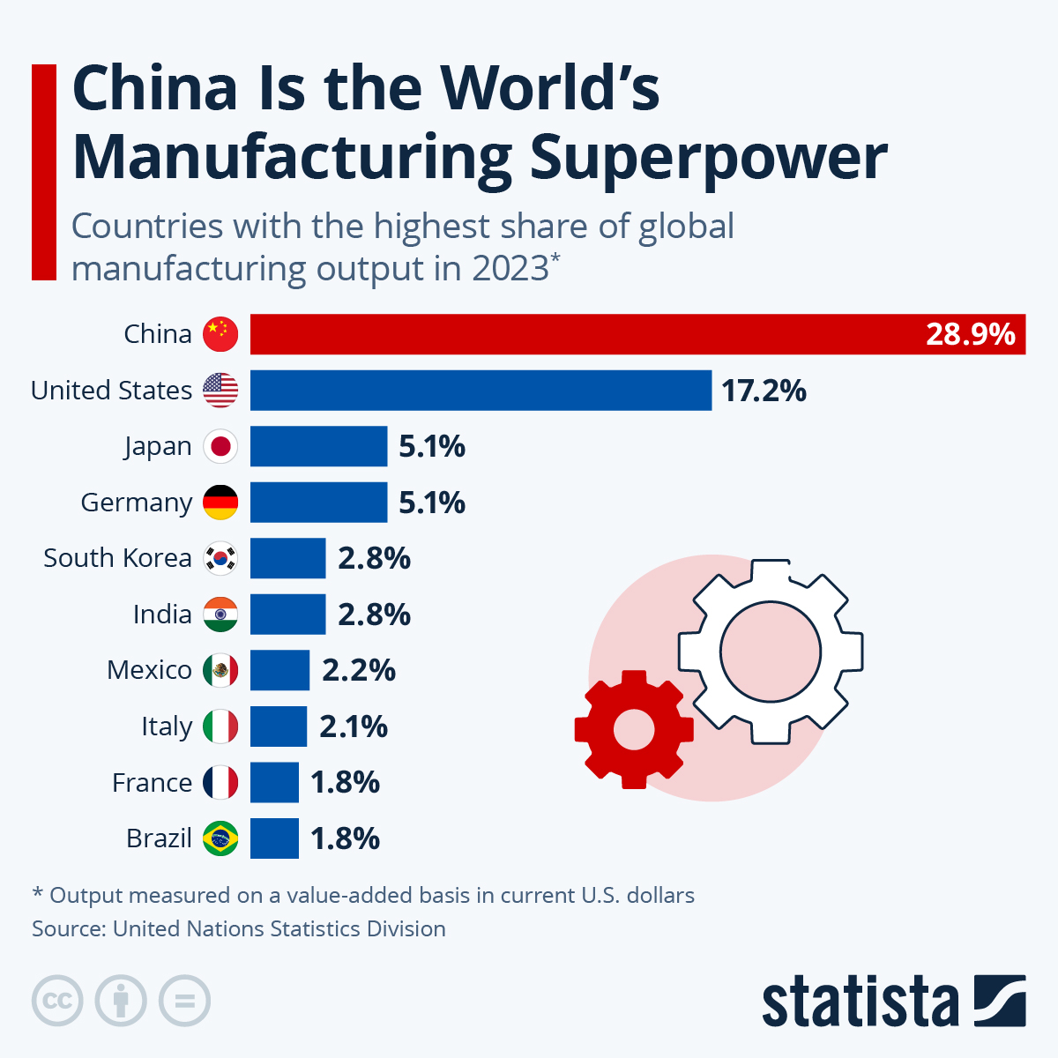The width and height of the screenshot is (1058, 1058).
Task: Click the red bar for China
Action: coord(582,334)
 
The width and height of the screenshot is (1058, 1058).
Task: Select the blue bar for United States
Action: coord(481,391)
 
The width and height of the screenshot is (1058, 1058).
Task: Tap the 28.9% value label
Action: coord(970,335)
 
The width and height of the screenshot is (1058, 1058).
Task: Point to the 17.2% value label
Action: coord(764,391)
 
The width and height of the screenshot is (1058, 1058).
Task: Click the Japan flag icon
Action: coord(220,446)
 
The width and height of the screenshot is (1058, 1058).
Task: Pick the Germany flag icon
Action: coord(220,503)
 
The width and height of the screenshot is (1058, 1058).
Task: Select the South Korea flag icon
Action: coord(220,558)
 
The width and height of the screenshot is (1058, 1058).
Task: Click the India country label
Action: coord(162,615)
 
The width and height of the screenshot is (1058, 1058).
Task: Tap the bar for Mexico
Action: coord(279,670)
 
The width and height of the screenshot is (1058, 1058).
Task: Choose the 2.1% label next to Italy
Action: coord(353,726)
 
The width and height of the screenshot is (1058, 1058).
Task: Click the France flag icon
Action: coord(220,782)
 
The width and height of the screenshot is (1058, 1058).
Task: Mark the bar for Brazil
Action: coord(274,838)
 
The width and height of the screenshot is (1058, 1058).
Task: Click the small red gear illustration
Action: coord(633,729)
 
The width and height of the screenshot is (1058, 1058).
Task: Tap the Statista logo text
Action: coord(860,1002)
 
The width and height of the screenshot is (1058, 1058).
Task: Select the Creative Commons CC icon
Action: coord(57,1002)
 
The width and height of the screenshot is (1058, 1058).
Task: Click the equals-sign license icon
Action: coord(184,1002)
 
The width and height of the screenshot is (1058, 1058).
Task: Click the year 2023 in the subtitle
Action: coord(510,268)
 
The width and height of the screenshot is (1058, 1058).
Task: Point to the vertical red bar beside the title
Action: coord(44,172)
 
